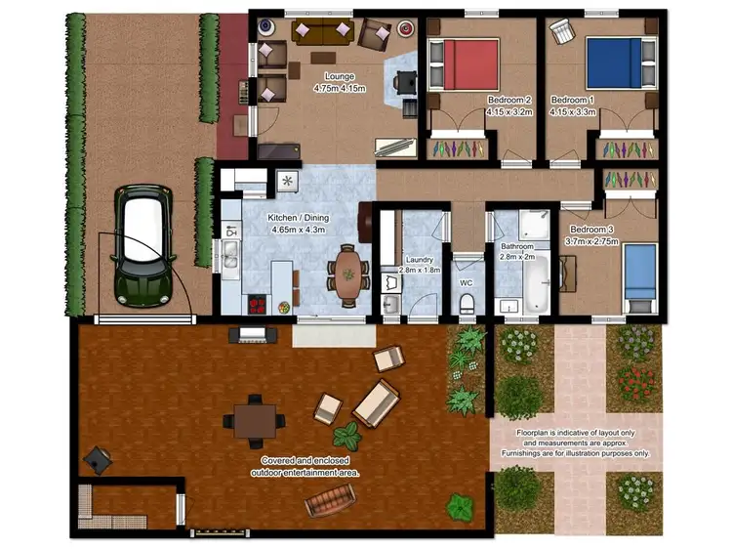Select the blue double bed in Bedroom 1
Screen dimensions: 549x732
click(614, 63)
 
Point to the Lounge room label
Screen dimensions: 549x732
click(341, 77)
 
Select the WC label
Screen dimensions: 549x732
click(467, 283)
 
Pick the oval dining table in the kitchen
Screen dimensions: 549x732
click(347, 274)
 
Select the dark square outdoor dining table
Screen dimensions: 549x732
click(255, 419)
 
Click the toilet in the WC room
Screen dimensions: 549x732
click(467, 302)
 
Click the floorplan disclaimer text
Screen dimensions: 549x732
click(575, 443)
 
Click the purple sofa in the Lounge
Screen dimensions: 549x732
click(323, 31)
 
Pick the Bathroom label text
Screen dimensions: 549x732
click(516, 247)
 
